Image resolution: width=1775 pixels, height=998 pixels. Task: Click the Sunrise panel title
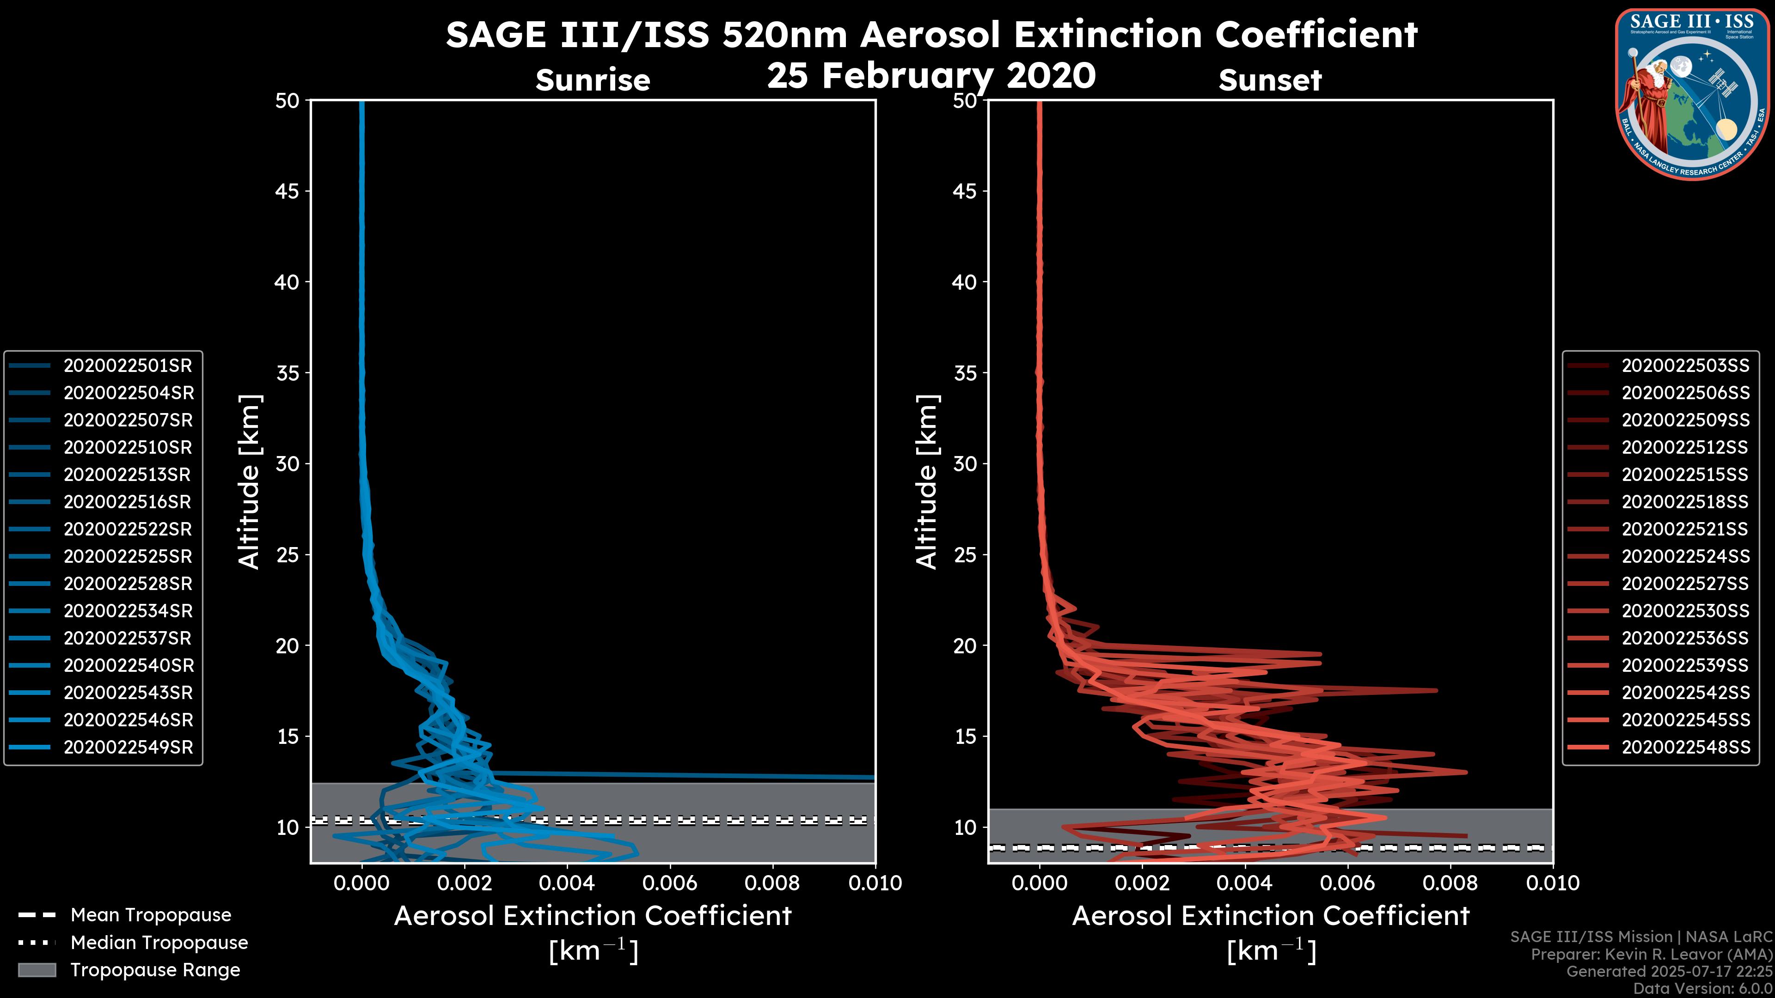click(x=593, y=80)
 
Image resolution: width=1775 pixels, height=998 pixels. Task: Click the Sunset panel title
click(x=1270, y=80)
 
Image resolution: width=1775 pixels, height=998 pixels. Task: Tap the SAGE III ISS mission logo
click(x=1692, y=94)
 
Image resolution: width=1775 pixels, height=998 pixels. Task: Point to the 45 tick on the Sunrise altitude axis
click(x=287, y=191)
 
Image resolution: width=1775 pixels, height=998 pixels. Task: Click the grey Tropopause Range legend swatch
click(x=37, y=970)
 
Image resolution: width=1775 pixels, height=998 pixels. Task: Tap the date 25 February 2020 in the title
click(x=931, y=76)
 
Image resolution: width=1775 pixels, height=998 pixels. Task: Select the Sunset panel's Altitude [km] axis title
click(x=927, y=482)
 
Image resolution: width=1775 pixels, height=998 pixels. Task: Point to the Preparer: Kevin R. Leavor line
click(x=1651, y=955)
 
